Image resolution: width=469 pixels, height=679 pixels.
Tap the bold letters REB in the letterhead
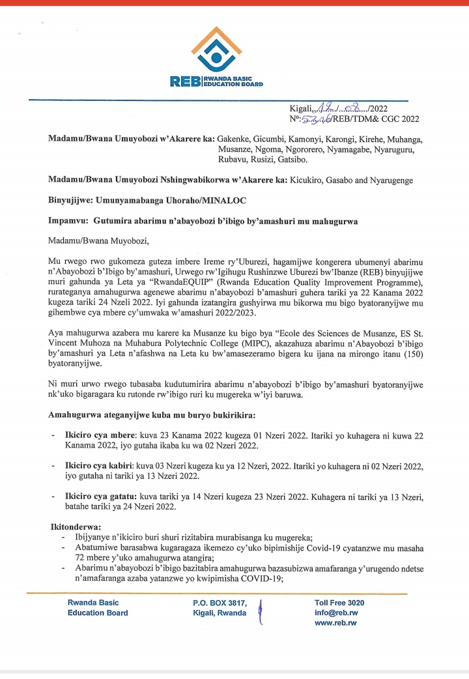pyautogui.click(x=184, y=81)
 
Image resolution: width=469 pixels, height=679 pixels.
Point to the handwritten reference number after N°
pyautogui.click(x=315, y=119)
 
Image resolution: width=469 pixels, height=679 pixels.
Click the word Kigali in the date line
pyautogui.click(x=301, y=108)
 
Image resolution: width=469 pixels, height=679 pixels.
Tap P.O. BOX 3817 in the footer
pyautogui.click(x=220, y=603)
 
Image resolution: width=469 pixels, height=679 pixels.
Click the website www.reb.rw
pyautogui.click(x=335, y=623)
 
